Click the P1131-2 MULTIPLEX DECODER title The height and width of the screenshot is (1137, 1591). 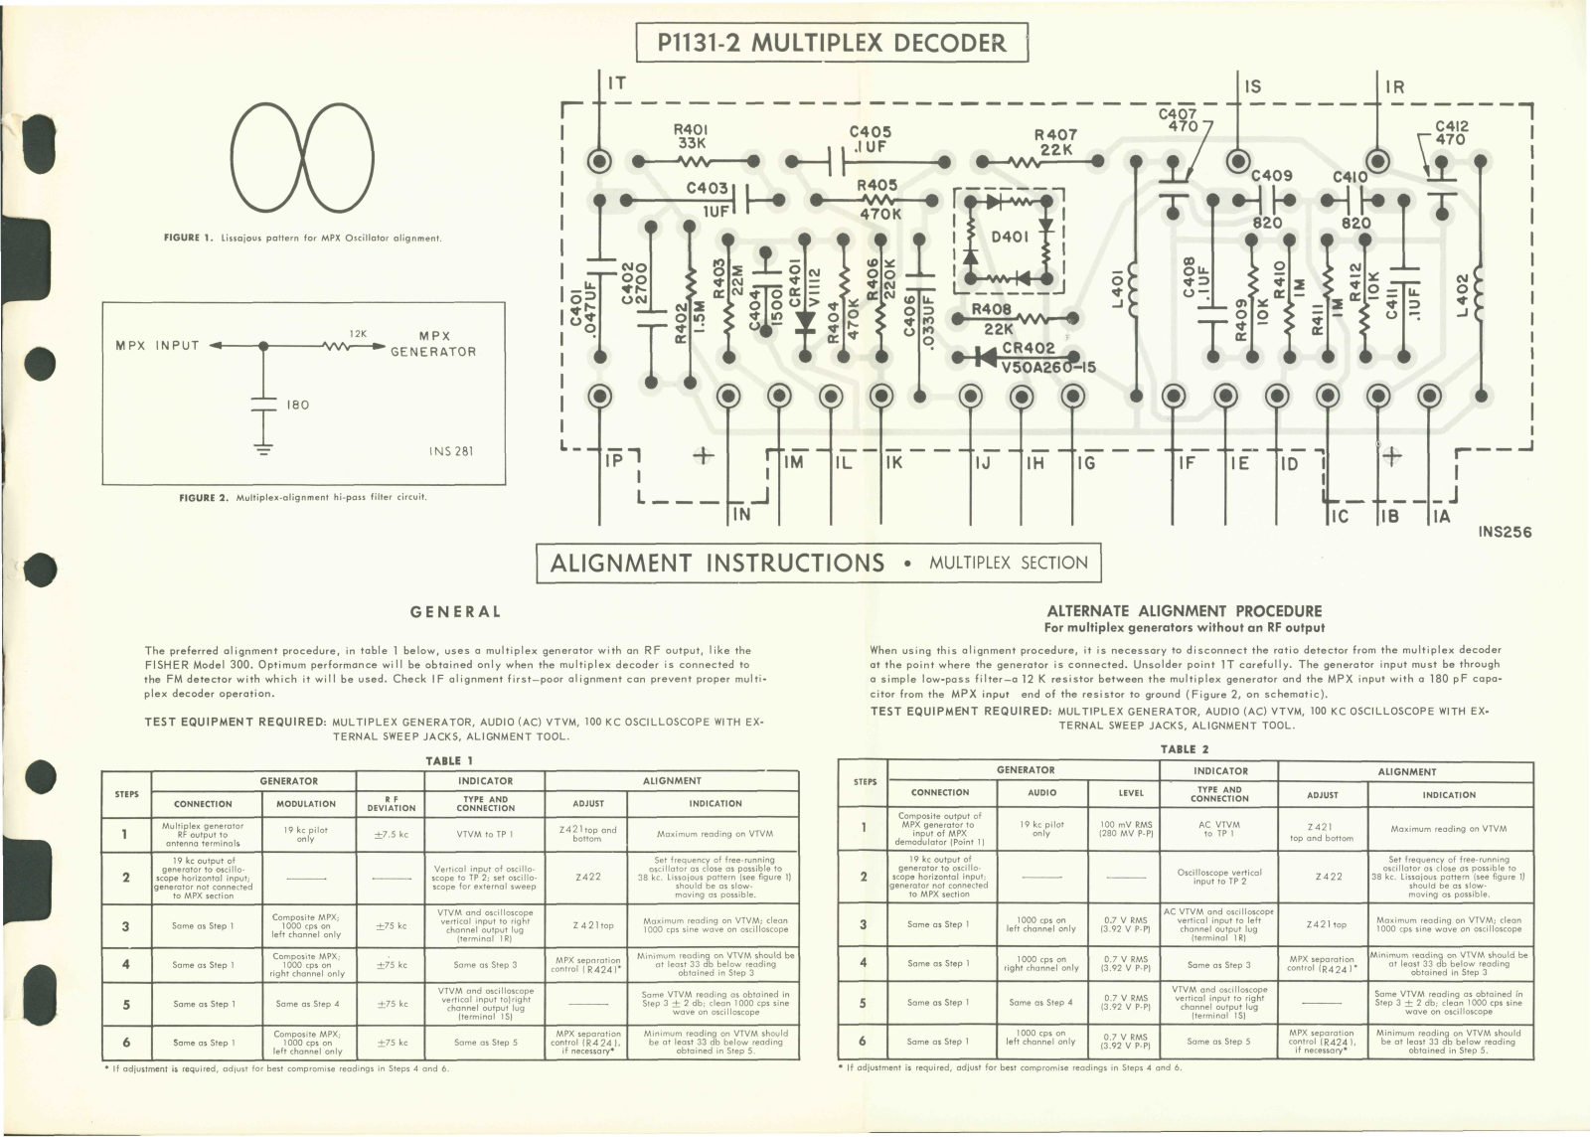tap(831, 43)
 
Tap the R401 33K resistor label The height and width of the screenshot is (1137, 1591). tap(690, 136)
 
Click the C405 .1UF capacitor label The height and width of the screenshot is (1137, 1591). tap(870, 138)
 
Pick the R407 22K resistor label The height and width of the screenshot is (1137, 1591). tap(1055, 142)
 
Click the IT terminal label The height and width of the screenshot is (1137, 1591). tap(616, 82)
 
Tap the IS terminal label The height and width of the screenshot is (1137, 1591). tap(1253, 86)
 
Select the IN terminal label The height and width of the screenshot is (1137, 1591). tap(741, 515)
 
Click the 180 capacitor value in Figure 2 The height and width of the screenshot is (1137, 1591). tap(297, 405)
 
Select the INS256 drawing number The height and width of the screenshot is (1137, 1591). tap(1505, 532)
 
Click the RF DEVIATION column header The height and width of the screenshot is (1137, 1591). tap(392, 804)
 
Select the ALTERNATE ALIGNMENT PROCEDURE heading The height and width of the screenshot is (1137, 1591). tap(1184, 611)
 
